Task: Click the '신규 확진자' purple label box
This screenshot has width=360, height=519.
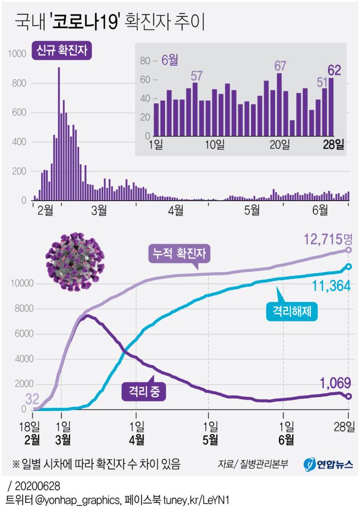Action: [x=64, y=50]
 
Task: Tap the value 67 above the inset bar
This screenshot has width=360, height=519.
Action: [x=280, y=66]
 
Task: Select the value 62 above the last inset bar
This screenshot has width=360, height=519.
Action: [x=334, y=69]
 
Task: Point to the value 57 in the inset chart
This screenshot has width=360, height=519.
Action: [x=196, y=76]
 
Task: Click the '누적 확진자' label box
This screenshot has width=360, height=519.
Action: [x=179, y=254]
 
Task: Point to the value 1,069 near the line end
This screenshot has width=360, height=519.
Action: [x=335, y=382]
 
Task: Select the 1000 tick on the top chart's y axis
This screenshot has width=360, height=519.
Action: [x=16, y=53]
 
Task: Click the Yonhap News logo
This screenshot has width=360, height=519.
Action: [x=328, y=464]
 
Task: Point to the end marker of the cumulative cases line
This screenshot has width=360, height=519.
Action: [x=349, y=250]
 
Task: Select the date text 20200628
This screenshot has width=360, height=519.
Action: [x=37, y=486]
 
